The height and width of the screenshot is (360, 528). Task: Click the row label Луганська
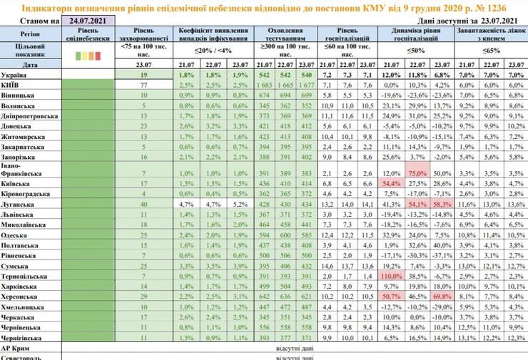20,204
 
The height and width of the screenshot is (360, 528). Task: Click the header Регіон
31,33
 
